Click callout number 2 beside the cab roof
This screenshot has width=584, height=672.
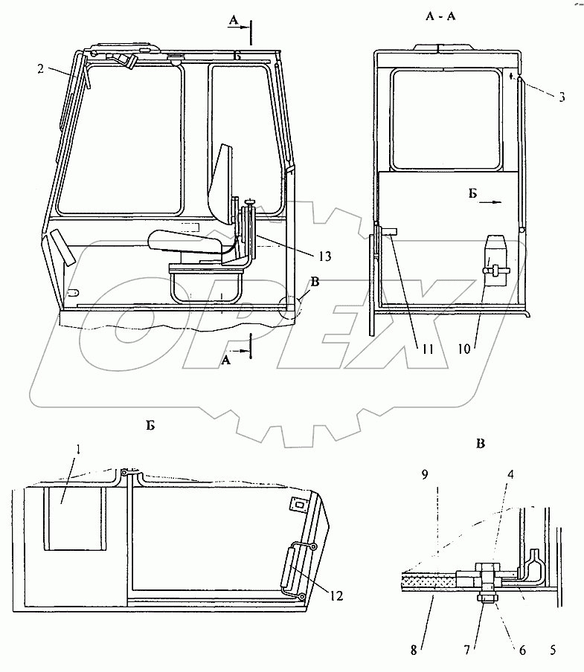(41, 68)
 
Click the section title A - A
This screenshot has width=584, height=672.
(440, 16)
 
